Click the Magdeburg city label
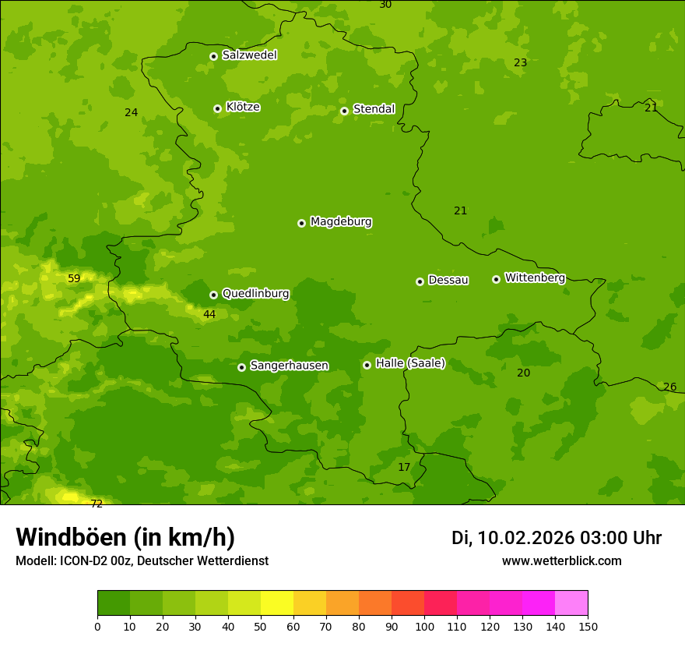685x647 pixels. tap(341, 222)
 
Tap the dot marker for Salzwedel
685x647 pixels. tap(213, 56)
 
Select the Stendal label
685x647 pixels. tap(374, 109)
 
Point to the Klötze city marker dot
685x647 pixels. tap(217, 108)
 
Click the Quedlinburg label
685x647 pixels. tap(255, 294)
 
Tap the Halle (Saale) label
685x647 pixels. tap(410, 363)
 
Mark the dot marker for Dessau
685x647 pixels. tap(420, 281)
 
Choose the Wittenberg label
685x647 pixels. tap(535, 278)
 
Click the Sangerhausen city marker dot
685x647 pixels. tap(241, 367)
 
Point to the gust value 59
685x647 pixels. tap(74, 278)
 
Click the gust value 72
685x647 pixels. tap(97, 504)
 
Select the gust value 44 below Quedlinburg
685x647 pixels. tap(209, 314)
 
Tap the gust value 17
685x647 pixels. tap(404, 467)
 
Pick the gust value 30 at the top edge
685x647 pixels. tap(385, 5)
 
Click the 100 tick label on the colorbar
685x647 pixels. tap(424, 626)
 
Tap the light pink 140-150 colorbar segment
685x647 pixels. tap(571, 603)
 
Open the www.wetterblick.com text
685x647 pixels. tap(561, 560)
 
